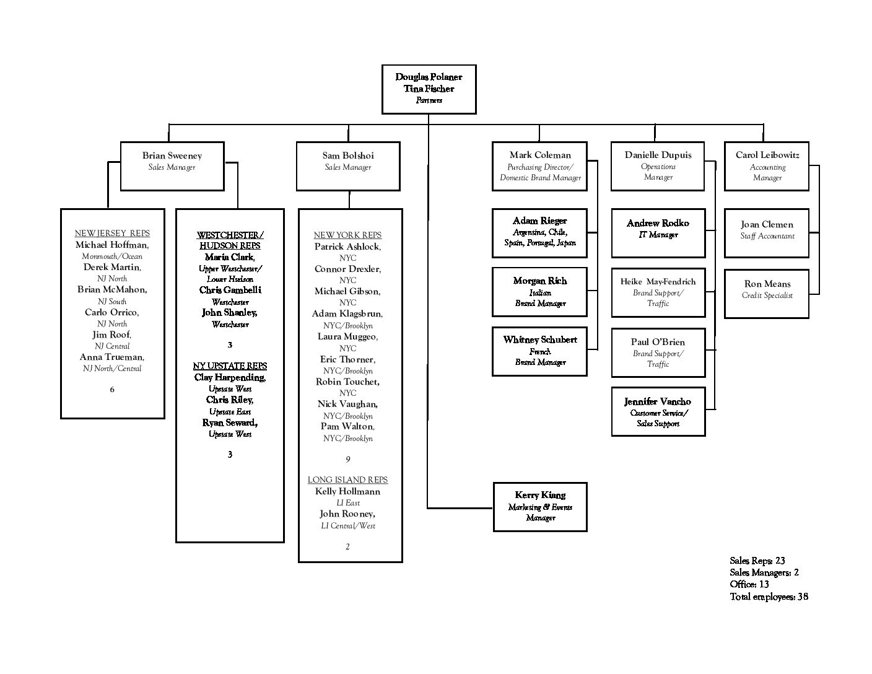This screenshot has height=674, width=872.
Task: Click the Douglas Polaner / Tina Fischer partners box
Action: [429, 89]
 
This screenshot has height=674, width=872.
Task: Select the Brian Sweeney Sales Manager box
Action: [172, 166]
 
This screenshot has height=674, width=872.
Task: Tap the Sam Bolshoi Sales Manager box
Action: [348, 166]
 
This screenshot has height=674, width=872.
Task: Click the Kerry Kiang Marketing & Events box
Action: [539, 507]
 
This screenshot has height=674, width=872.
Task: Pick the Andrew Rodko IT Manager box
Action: [658, 233]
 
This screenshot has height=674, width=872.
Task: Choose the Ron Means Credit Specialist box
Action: [767, 294]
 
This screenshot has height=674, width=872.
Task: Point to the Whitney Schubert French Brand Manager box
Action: [539, 351]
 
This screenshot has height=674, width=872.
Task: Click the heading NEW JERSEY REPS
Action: [112, 233]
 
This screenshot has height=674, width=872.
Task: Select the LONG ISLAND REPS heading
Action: [347, 479]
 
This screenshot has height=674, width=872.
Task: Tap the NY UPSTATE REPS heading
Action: [230, 365]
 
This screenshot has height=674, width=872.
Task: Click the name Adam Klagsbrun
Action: [347, 313]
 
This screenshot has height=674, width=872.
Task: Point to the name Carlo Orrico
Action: [111, 312]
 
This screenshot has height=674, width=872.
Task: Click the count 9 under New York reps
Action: [348, 459]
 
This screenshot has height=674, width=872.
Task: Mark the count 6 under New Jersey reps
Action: [112, 389]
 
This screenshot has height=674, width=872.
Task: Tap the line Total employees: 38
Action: [769, 597]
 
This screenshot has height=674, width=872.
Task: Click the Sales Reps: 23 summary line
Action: [757, 561]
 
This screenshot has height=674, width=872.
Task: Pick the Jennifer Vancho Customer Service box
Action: [658, 411]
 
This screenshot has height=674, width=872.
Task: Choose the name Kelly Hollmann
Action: [347, 491]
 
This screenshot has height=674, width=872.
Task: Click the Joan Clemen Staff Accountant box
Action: [767, 233]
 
